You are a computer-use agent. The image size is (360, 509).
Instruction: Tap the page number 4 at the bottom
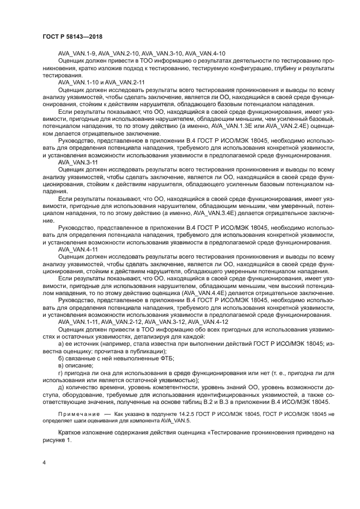[44, 462]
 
